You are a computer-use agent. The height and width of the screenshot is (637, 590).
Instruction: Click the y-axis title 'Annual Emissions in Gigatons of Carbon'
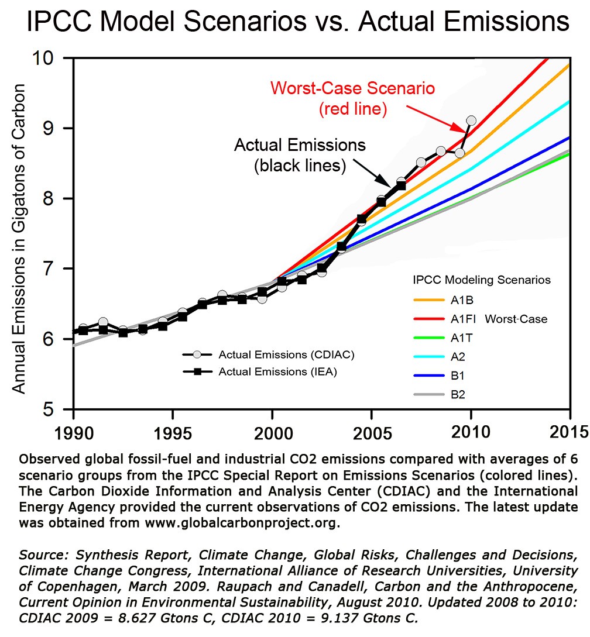(19, 239)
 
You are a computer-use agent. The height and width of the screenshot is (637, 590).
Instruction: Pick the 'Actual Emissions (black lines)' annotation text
(300, 154)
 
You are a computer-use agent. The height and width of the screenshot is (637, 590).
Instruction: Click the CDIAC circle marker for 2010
(471, 120)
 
